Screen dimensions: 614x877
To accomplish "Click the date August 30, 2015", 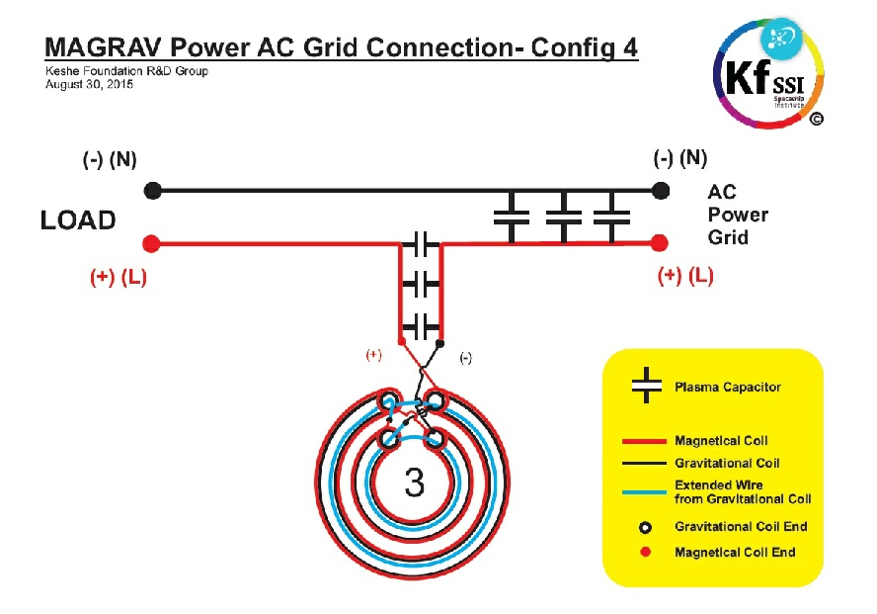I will [x=89, y=85].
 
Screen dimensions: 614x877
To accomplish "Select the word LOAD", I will [x=78, y=220].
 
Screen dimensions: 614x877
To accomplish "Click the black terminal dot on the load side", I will [x=151, y=189].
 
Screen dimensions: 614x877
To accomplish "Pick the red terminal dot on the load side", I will [x=151, y=243].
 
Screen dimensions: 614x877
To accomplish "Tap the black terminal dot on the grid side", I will [x=661, y=189].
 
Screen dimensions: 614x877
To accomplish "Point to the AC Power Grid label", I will [x=737, y=215].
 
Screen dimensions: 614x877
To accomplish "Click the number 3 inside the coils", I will [x=415, y=482].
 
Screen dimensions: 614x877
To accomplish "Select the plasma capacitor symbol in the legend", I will [x=646, y=386].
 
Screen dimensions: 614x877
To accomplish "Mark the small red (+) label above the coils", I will [x=373, y=355].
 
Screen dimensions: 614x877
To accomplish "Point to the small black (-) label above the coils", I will [x=465, y=359].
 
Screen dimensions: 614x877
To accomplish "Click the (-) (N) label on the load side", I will [x=109, y=160].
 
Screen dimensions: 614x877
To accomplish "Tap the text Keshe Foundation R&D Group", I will [x=126, y=71].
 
